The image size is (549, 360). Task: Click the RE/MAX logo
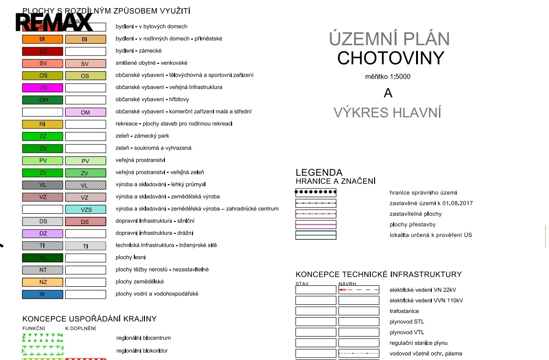(54, 22)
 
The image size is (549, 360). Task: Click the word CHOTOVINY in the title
(390, 58)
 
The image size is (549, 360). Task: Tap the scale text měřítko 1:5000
(387, 77)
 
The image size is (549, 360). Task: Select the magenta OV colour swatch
(42, 88)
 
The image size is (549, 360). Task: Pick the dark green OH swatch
(42, 100)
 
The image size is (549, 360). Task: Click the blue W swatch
(42, 294)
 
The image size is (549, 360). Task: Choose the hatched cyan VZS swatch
(86, 209)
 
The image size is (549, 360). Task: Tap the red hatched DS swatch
(86, 221)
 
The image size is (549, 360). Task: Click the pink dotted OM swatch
(86, 112)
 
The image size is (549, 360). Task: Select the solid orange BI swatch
(42, 39)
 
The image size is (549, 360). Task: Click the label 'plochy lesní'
(130, 258)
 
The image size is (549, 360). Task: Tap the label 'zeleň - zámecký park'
(142, 136)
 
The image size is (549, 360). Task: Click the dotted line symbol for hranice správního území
(315, 193)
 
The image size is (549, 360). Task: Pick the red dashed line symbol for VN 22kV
(359, 290)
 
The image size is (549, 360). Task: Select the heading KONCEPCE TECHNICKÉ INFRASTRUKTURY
(378, 274)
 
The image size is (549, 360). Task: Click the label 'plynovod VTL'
(407, 332)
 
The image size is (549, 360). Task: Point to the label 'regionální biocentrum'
(143, 338)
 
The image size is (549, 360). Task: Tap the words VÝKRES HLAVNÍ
(387, 113)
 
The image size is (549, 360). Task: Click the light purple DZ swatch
(42, 234)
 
